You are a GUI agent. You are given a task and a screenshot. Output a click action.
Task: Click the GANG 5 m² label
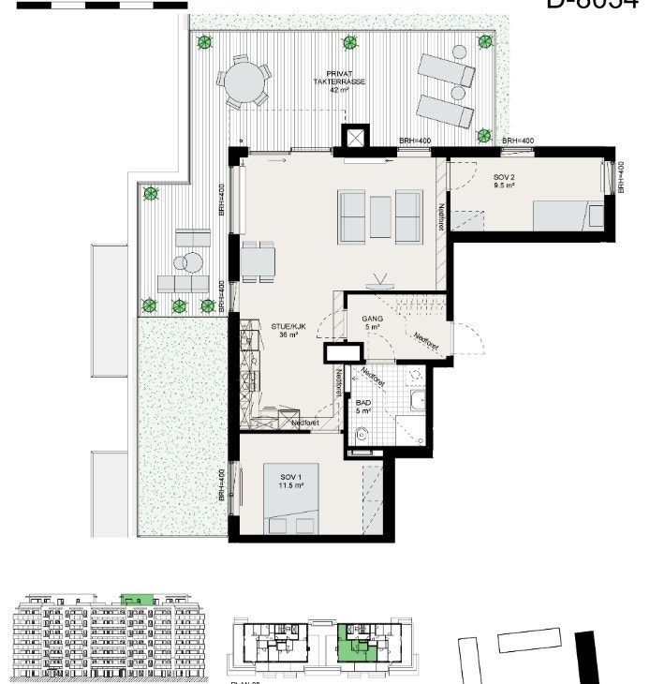[373, 323]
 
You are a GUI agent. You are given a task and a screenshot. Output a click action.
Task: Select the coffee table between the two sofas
[380, 216]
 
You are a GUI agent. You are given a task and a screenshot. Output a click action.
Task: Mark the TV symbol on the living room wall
[380, 278]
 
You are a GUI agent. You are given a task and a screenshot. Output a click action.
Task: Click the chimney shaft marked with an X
[357, 137]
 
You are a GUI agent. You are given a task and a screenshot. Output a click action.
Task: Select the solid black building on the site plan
[586, 660]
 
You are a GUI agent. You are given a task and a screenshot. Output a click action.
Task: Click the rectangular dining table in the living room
[258, 261]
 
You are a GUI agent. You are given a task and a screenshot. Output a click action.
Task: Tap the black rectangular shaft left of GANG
[341, 352]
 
